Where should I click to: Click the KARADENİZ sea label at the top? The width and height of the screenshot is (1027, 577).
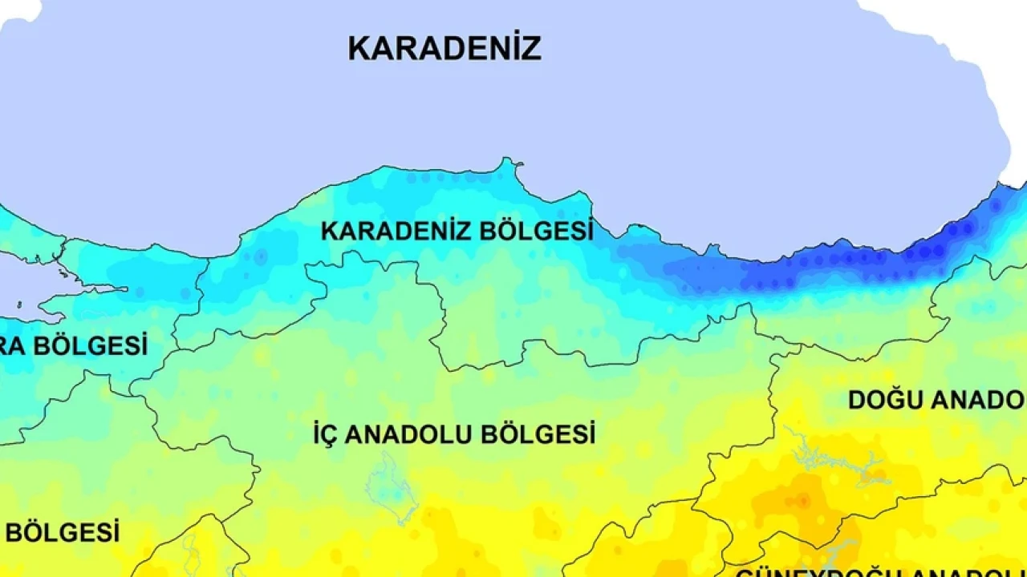point(444,48)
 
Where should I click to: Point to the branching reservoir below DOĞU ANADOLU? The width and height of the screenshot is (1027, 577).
point(834,462)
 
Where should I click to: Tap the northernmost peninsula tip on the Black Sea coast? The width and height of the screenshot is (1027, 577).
point(507,163)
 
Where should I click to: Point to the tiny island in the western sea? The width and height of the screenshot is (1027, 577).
point(19,305)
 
